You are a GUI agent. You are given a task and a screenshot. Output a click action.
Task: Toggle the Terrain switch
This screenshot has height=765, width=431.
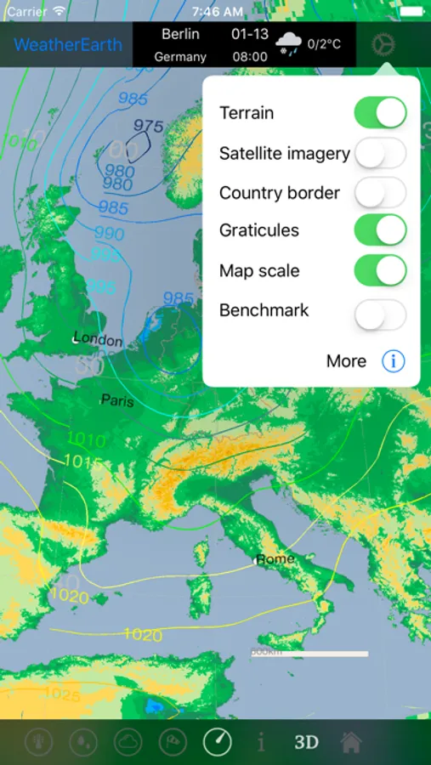(x=380, y=112)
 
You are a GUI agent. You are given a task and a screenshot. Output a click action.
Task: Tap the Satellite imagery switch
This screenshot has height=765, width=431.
(x=380, y=153)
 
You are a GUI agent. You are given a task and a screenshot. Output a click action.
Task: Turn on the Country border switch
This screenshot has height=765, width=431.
(x=380, y=193)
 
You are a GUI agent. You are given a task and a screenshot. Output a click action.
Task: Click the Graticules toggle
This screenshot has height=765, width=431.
(x=380, y=230)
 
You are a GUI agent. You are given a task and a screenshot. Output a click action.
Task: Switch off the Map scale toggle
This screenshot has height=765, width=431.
(x=380, y=271)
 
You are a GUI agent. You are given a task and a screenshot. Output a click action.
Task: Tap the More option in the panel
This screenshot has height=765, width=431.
(x=346, y=361)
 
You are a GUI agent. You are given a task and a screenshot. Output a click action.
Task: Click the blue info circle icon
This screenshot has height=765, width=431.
(x=393, y=361)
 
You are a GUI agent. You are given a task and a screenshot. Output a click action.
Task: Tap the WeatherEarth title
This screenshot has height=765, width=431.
(x=68, y=45)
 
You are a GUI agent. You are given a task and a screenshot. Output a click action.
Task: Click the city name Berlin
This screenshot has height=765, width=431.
(x=180, y=35)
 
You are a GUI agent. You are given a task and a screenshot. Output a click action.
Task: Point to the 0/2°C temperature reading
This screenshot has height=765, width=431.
(x=324, y=43)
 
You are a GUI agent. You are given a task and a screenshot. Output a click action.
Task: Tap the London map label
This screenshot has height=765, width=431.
(x=98, y=339)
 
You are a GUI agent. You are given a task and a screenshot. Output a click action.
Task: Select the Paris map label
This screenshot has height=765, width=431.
(x=117, y=399)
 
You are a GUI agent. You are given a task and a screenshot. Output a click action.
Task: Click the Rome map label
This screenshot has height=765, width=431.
(x=275, y=558)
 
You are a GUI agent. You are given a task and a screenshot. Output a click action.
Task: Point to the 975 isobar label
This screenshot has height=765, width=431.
(x=148, y=126)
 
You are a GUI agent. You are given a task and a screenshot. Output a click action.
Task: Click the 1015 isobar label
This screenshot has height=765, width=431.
(x=82, y=462)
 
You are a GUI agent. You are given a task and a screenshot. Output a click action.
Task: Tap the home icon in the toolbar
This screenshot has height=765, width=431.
(x=351, y=742)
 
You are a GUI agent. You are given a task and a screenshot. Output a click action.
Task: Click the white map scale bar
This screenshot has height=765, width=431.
(x=311, y=654)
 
